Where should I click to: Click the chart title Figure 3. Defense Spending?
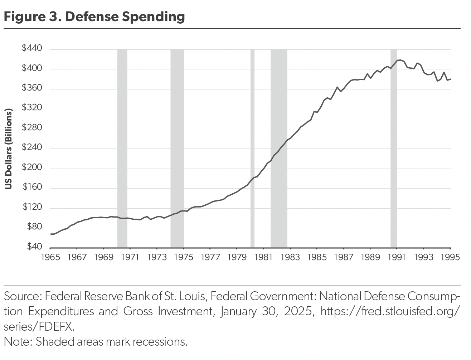click(94, 16)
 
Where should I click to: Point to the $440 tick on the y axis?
click(32, 48)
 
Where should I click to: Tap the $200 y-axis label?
click(32, 167)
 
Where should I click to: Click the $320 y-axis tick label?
click(32, 108)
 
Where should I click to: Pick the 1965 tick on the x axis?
click(50, 257)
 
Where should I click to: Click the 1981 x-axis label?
click(263, 257)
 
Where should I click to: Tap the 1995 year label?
click(450, 257)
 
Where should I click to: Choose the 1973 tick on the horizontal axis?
click(157, 257)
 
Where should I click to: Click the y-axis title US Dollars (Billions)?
click(9, 148)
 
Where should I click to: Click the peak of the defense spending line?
click(399, 60)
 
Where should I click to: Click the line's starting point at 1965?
click(50, 234)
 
